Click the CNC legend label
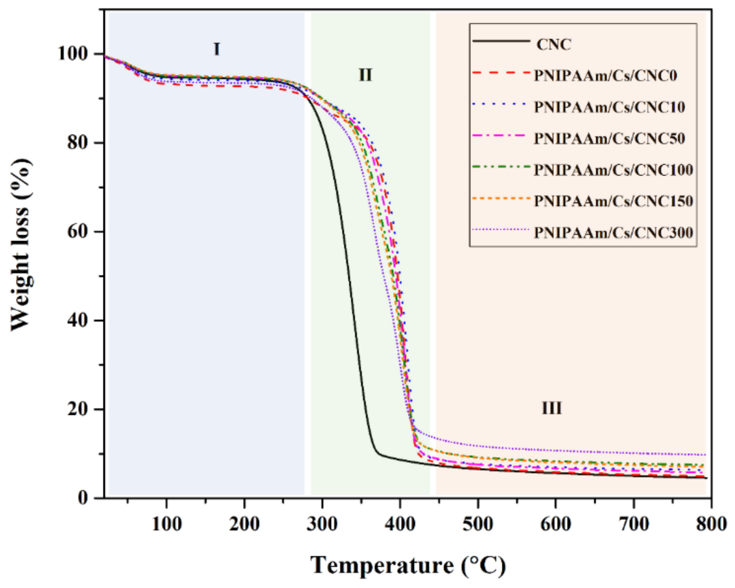tap(553, 44)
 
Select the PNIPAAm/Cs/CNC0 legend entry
tap(605, 76)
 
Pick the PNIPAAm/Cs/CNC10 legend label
tap(609, 107)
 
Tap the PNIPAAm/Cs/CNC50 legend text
tap(609, 138)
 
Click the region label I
tap(217, 49)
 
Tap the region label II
tap(365, 75)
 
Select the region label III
tap(552, 408)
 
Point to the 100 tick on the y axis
tap(73, 54)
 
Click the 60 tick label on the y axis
tap(78, 231)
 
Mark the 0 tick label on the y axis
tap(83, 498)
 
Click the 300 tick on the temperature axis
tap(322, 524)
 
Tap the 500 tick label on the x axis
tap(478, 524)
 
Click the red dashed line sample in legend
tap(501, 73)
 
